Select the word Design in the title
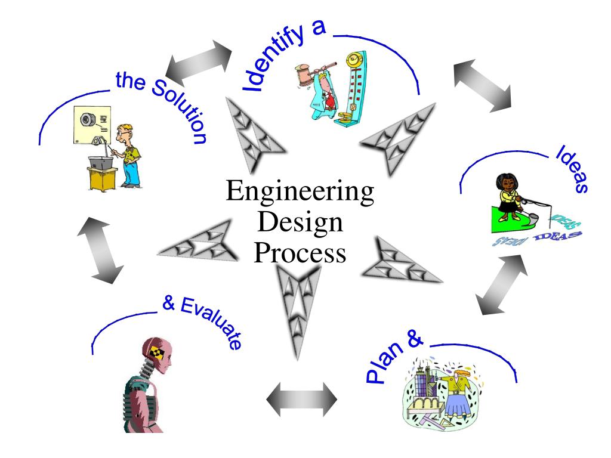(x=300, y=224)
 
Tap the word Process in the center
(x=300, y=253)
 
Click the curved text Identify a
(x=280, y=57)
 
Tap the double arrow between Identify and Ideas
(x=482, y=85)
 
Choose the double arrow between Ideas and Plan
(x=504, y=284)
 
